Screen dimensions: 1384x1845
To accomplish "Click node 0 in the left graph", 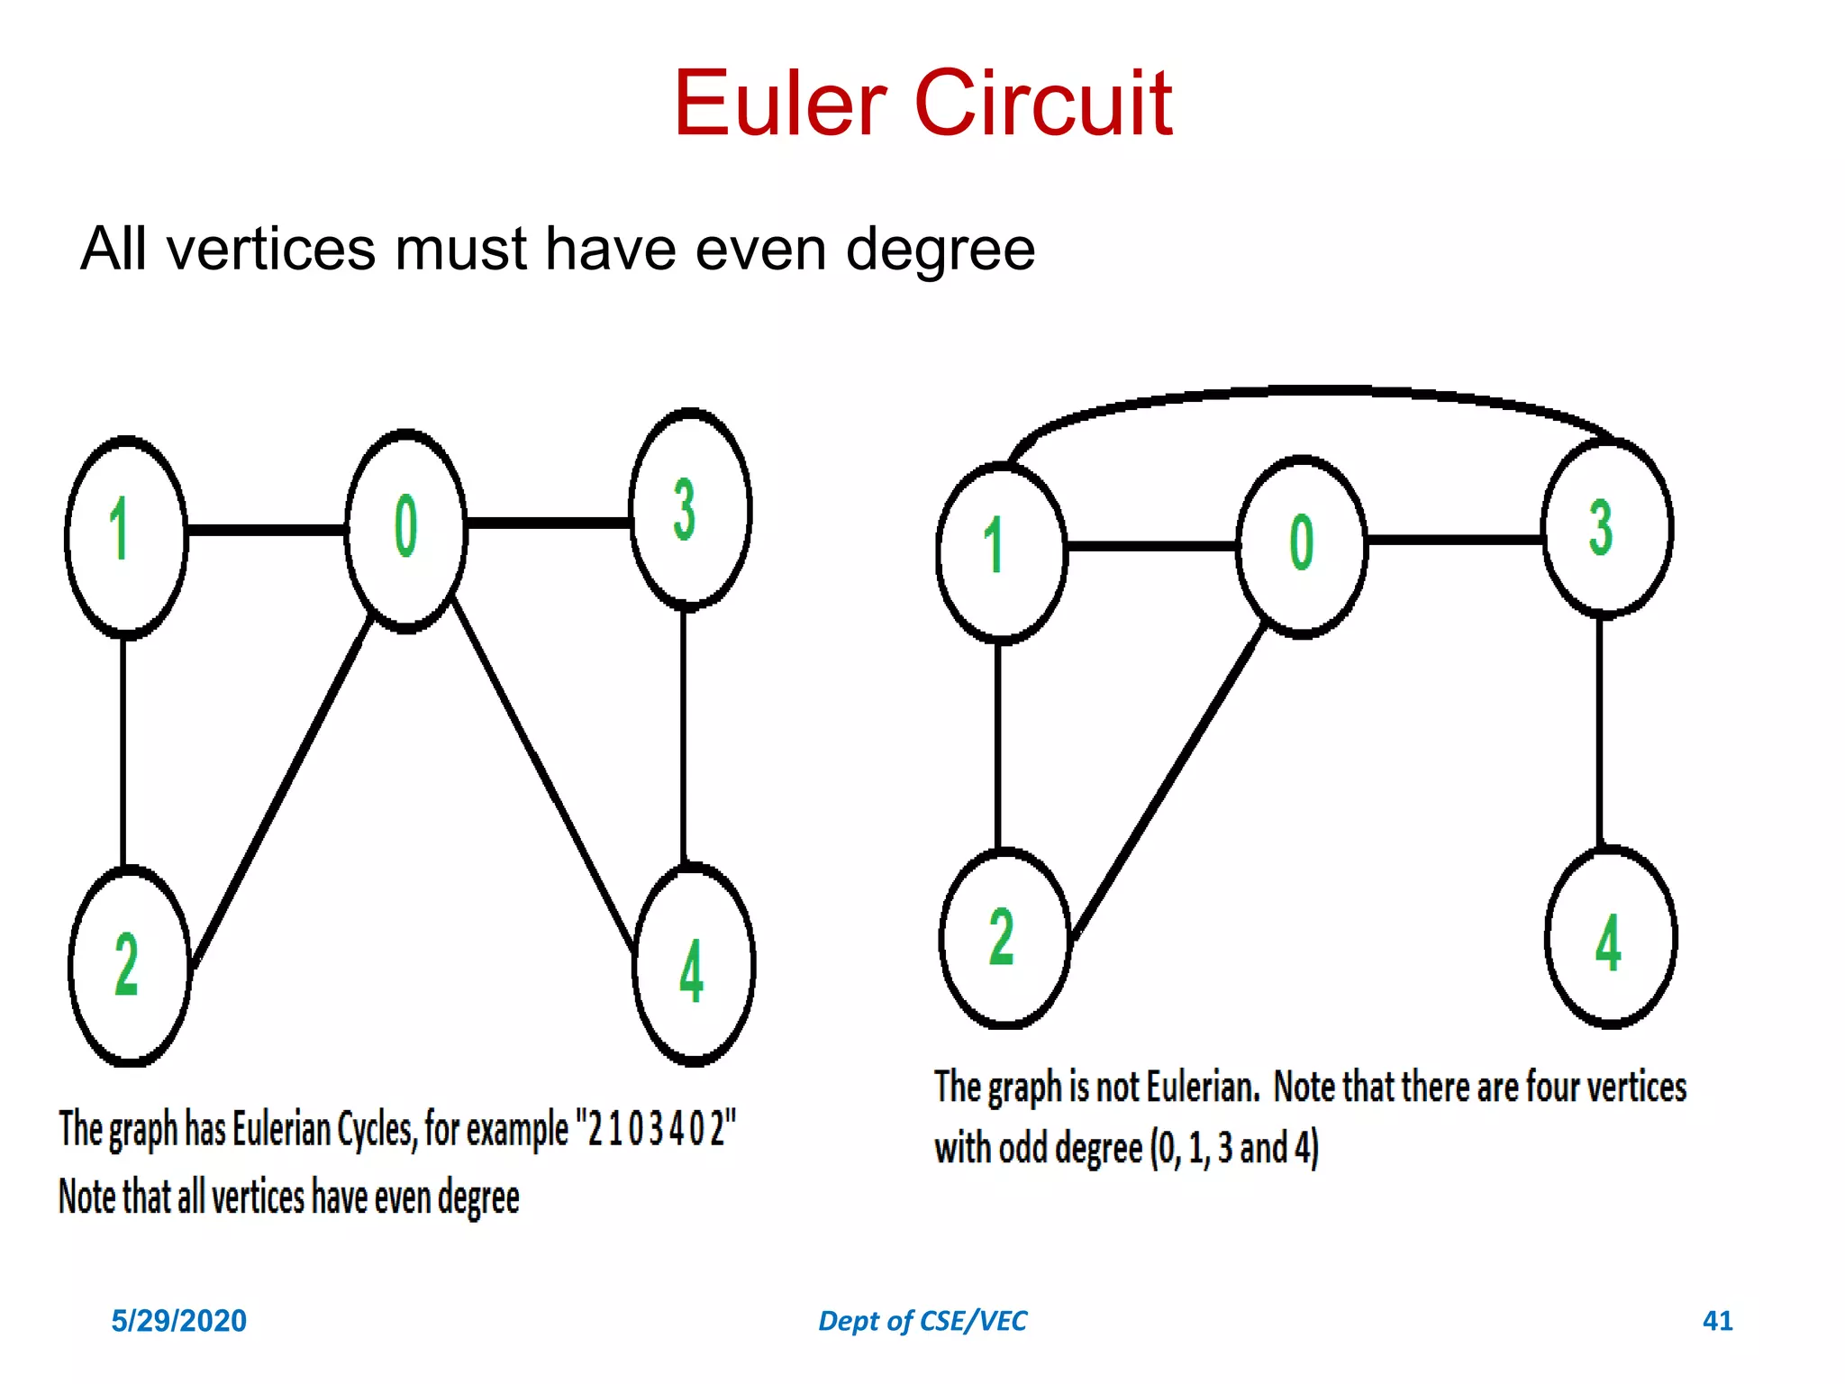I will (x=406, y=532).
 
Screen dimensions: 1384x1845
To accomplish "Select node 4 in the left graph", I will (x=694, y=964).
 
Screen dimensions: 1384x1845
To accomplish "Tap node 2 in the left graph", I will (x=130, y=966).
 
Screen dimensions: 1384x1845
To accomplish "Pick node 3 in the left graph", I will (x=690, y=510).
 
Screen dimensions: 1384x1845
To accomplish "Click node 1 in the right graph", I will (x=1001, y=552).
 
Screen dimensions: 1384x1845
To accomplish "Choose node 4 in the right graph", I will (x=1611, y=937).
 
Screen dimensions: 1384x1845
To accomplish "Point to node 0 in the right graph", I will (x=1302, y=547).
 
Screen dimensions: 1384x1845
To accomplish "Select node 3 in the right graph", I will (x=1607, y=528).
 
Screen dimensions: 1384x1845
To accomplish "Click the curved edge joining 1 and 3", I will (x=1306, y=391).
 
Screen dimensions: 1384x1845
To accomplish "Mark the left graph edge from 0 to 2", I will (x=281, y=793).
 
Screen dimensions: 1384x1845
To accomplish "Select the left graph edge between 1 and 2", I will (x=123, y=752).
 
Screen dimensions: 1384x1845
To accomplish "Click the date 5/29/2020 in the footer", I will (x=178, y=1321).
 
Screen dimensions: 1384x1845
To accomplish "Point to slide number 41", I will (x=1717, y=1321).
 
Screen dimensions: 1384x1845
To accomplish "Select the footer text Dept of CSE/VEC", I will (x=922, y=1321).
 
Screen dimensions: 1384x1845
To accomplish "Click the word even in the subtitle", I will (x=760, y=250).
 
